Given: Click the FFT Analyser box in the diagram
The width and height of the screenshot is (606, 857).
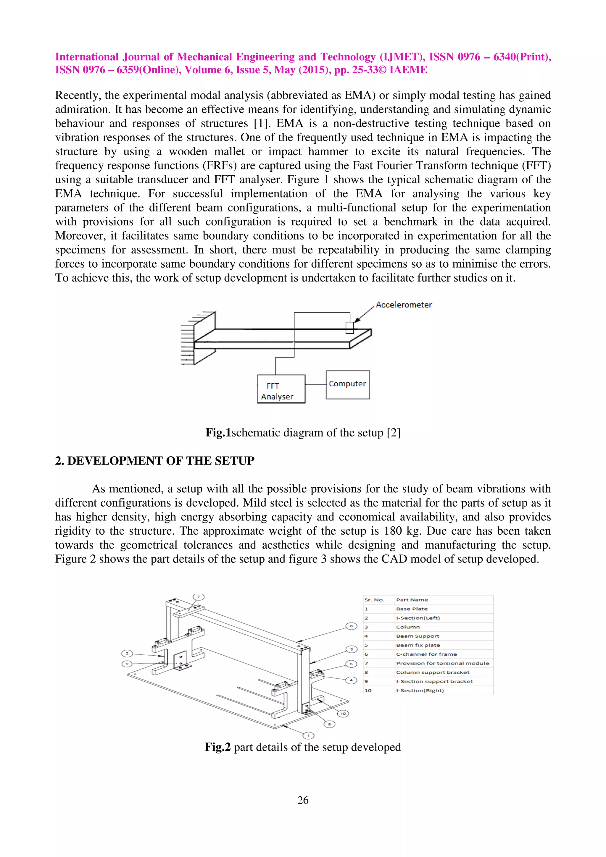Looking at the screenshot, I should click(x=281, y=389).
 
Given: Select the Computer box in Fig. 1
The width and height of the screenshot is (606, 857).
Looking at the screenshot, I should click(x=348, y=384).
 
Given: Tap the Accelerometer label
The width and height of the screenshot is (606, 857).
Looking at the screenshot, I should click(x=403, y=305).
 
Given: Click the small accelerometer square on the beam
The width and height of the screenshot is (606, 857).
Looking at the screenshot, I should click(x=349, y=327).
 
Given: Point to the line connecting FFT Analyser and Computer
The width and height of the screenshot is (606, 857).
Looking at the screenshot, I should click(x=315, y=385).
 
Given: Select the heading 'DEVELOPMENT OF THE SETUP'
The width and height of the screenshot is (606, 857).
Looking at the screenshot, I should click(x=161, y=461).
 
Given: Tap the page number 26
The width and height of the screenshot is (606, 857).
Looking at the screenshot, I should click(x=303, y=800).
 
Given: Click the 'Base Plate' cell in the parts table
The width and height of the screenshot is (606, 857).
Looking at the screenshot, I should click(x=412, y=609).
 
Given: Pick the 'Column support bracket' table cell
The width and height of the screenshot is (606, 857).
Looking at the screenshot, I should click(x=432, y=672).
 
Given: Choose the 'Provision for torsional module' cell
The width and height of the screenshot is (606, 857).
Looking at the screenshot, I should click(x=442, y=663).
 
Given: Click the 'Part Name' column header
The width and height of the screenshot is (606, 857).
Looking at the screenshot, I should click(x=412, y=600).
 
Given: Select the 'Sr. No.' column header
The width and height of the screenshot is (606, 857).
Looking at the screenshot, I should click(x=374, y=600).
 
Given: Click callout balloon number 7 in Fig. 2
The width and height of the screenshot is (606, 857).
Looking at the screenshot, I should click(x=199, y=596).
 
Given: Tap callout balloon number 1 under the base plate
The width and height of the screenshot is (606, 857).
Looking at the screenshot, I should click(x=308, y=735).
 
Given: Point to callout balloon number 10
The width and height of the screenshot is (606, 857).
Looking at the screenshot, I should click(x=343, y=714).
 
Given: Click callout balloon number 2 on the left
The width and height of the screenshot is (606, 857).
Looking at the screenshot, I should click(x=127, y=653).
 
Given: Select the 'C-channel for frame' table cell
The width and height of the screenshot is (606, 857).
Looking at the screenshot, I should click(x=426, y=654).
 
